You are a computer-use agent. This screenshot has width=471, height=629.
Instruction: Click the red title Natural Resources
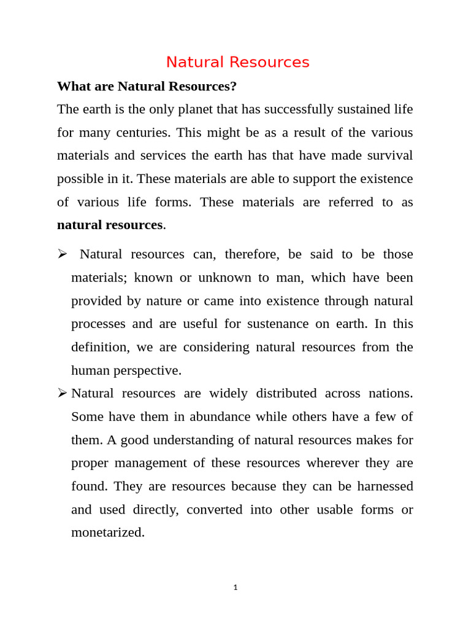(x=237, y=62)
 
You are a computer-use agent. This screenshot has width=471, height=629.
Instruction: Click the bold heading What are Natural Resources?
(x=147, y=86)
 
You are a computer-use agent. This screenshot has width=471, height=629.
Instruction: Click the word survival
(x=387, y=155)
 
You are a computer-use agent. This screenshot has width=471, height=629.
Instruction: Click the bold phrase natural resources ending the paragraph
(x=110, y=225)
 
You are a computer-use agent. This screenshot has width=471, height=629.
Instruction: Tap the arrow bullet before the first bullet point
(x=62, y=254)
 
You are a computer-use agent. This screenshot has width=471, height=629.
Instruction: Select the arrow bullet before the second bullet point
(x=62, y=393)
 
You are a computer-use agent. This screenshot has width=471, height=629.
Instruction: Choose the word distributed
(x=286, y=393)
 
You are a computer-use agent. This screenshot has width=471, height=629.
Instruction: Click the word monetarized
(x=107, y=533)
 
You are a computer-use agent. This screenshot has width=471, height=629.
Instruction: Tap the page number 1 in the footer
(x=235, y=588)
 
